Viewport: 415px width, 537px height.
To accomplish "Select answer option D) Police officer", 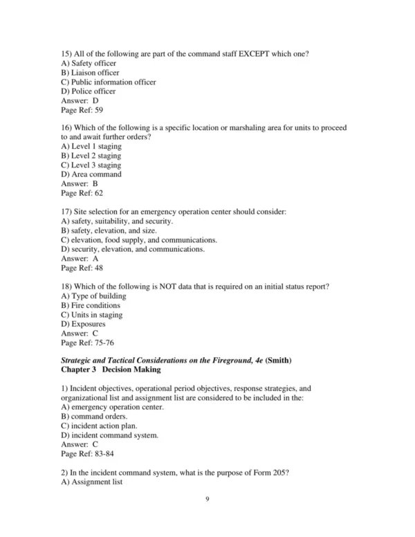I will pyautogui.click(x=89, y=91).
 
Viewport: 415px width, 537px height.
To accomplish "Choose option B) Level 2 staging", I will pyautogui.click(x=91, y=156).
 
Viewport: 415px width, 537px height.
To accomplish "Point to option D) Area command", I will pyautogui.click(x=91, y=174).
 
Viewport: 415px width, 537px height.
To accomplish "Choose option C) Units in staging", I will pyautogui.click(x=92, y=314).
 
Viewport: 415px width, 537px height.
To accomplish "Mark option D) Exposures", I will pyautogui.click(x=84, y=323).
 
